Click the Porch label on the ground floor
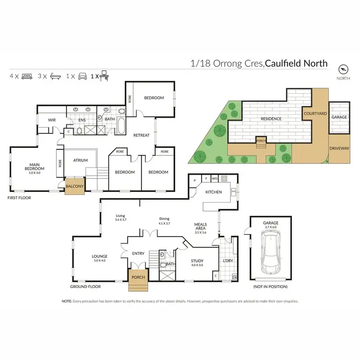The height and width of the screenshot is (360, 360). click(x=137, y=276)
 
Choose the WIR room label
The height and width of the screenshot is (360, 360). click(x=52, y=120)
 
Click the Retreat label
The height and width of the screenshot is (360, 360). click(x=142, y=135)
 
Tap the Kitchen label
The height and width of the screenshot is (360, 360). click(x=213, y=192)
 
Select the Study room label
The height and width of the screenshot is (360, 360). click(x=197, y=262)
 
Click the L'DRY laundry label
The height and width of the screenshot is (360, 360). click(x=227, y=261)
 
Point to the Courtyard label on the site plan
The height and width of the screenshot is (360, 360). click(x=315, y=114)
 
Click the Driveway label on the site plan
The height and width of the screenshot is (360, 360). click(x=339, y=149)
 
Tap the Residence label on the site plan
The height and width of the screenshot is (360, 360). click(x=271, y=119)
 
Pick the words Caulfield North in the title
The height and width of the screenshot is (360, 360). click(x=297, y=63)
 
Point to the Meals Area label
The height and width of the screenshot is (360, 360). click(x=200, y=227)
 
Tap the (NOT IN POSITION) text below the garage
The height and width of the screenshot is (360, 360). click(x=270, y=287)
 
